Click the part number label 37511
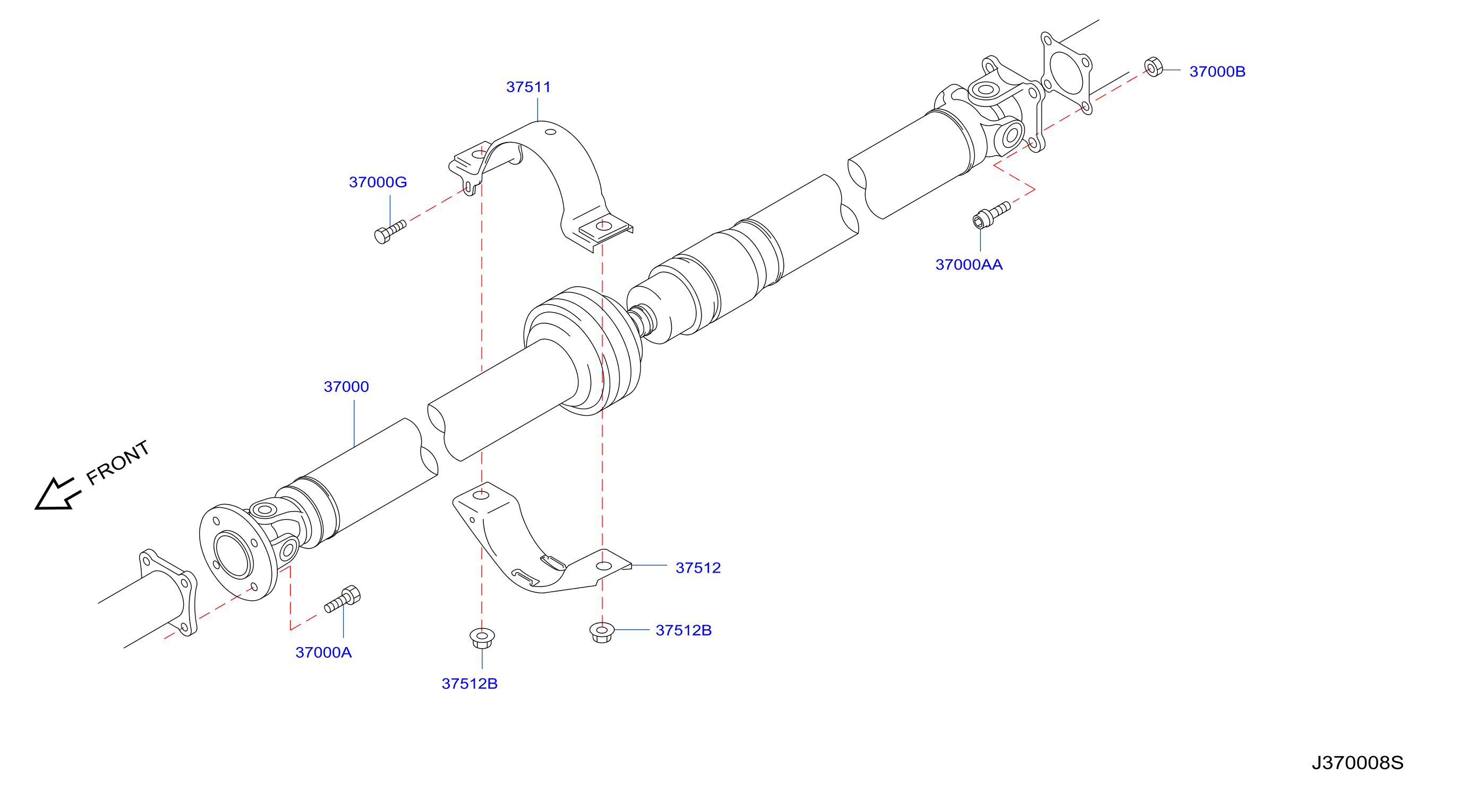pos(528,87)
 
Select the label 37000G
pos(378,182)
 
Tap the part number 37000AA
pos(969,264)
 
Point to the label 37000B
pos(1217,71)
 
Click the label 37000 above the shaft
pos(346,387)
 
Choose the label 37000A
pos(323,652)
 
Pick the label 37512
pos(698,568)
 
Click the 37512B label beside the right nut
pos(684,630)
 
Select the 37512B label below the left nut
pos(469,684)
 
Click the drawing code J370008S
pos(1357,763)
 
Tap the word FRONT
pos(118,463)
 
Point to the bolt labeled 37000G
pos(390,231)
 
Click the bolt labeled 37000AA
pos(991,215)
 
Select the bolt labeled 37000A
pos(343,599)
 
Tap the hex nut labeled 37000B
pos(1153,67)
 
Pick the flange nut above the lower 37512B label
pos(482,638)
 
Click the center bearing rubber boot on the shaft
pos(584,350)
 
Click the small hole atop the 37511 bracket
pos(550,132)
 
